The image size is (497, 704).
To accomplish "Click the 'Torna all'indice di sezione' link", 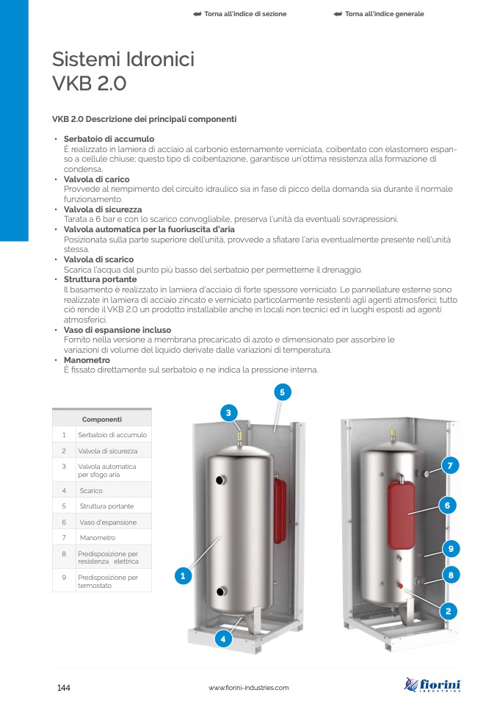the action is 240,14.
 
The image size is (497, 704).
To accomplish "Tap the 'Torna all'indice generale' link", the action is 379,14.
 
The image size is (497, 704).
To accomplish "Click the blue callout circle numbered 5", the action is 283,392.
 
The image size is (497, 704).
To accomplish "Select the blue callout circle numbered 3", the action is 229,412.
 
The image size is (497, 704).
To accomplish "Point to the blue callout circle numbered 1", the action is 183,575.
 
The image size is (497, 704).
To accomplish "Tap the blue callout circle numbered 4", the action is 223,639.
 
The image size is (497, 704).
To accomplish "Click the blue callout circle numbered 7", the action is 450,466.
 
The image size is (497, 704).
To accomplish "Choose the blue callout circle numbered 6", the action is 447,506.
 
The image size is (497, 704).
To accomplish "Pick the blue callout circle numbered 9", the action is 451,549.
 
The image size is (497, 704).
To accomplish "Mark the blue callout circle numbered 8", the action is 451,575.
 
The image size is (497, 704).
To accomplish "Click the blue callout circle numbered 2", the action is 448,611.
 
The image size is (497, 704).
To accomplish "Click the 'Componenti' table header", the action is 102,420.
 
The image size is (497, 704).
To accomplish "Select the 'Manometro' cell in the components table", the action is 98,537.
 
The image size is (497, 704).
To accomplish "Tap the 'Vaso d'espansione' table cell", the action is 108,522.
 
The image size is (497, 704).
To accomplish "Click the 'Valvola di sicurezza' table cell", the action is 108,450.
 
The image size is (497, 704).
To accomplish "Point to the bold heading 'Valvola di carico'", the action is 96,179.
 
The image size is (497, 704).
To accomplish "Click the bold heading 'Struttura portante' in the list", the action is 100,279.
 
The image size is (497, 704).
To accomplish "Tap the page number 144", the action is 64,688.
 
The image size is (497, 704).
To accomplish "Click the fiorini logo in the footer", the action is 432,685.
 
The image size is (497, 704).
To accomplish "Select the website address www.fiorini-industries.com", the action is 248,688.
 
